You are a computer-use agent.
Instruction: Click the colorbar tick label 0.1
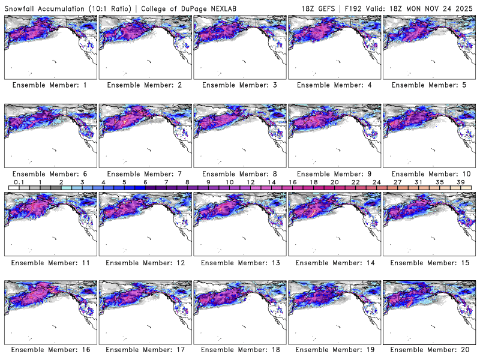pos(19,182)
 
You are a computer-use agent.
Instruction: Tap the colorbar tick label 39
pos(460,182)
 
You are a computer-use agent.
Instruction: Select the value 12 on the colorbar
pos(250,182)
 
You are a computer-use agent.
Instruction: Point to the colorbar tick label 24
pos(376,182)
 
